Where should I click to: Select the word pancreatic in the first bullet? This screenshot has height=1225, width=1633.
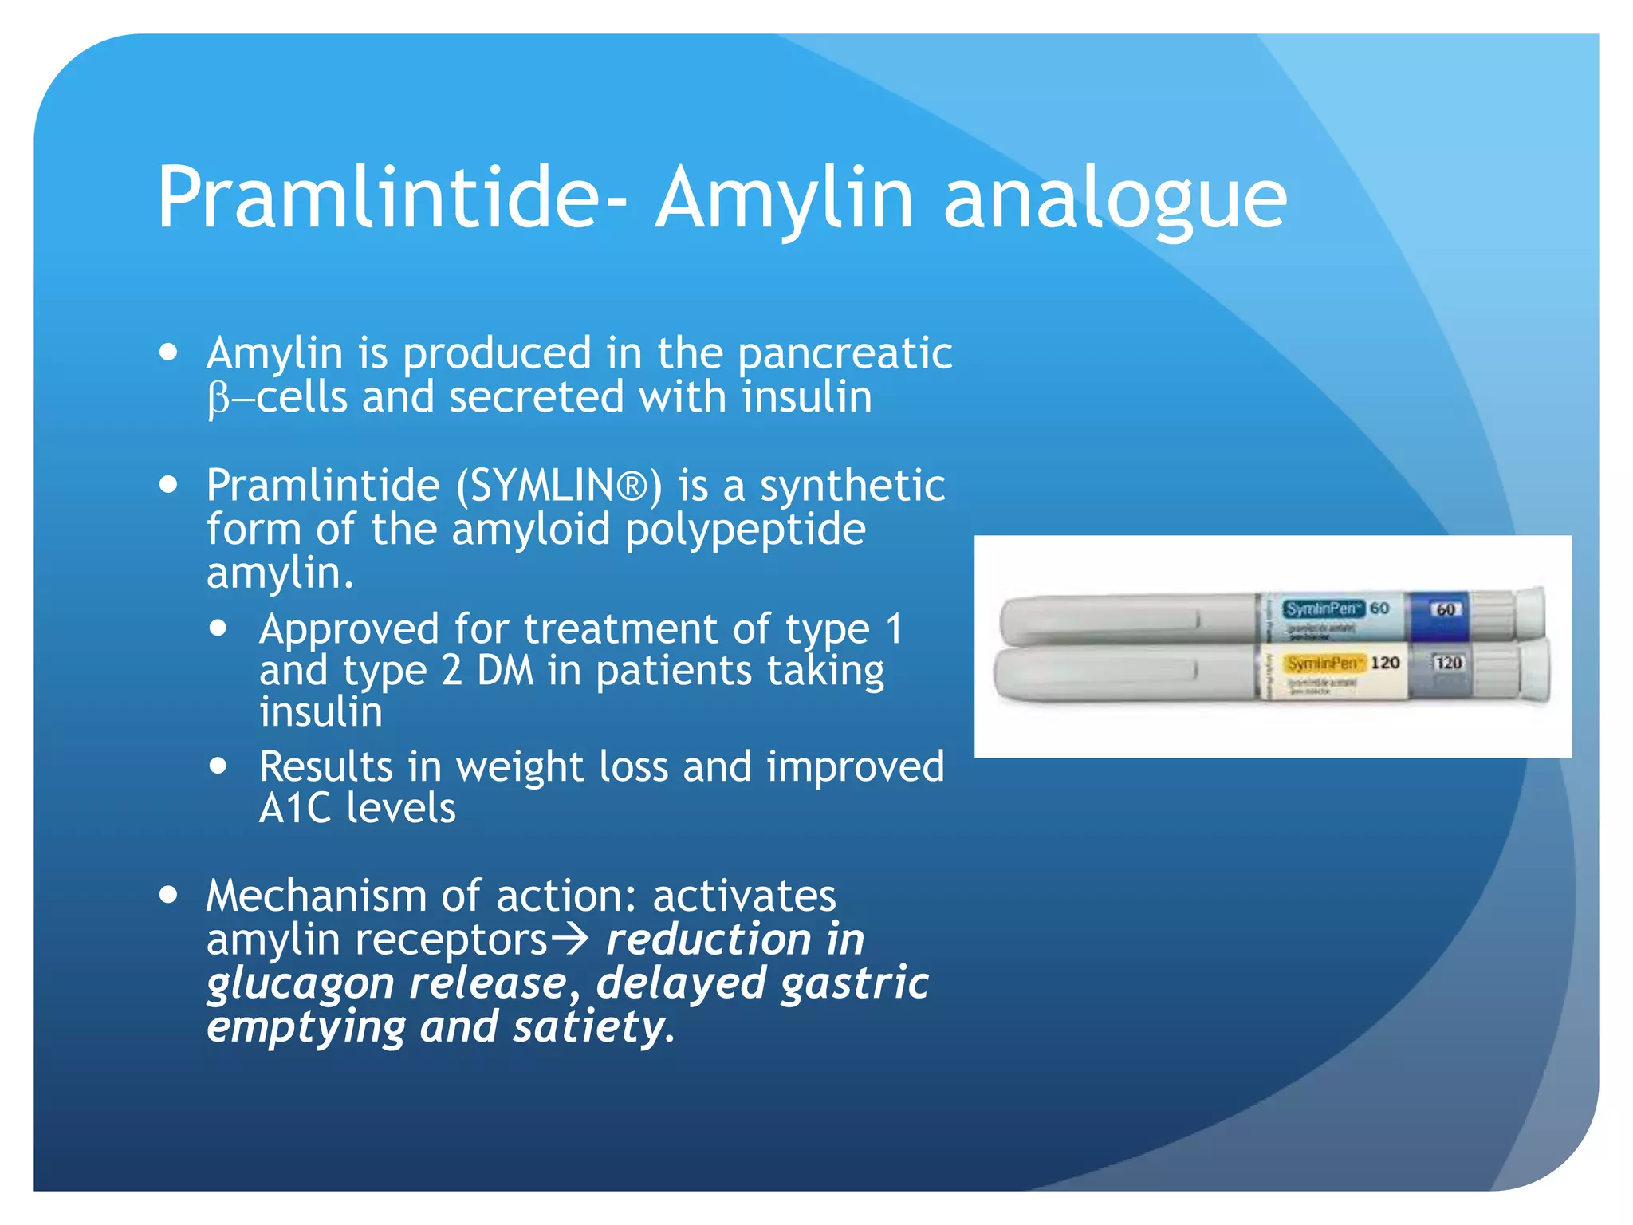tap(844, 353)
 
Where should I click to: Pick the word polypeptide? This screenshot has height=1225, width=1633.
tap(745, 530)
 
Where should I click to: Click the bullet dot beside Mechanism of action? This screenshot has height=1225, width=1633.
tap(168, 895)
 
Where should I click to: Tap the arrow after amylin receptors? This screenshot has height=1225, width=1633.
tap(569, 939)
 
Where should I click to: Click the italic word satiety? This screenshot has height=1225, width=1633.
tap(588, 1026)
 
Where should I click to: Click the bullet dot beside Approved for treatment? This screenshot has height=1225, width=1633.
tap(218, 628)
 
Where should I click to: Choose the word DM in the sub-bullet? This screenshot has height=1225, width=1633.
tap(505, 671)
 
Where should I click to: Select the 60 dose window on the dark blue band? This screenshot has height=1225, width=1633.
tap(1445, 609)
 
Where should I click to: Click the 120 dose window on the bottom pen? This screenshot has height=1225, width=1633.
tap(1447, 663)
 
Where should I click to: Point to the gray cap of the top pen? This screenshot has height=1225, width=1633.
tap(1124, 619)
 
